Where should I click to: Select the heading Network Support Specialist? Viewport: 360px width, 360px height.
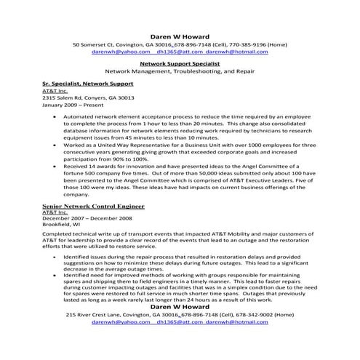click(x=179, y=63)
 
